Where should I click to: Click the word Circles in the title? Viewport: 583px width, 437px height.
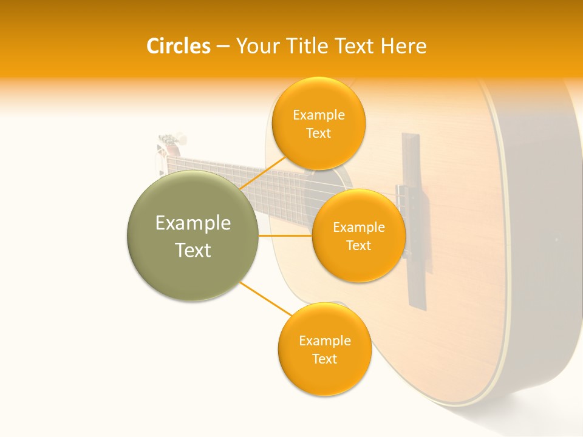coord(178,46)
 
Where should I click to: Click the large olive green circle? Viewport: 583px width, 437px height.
coord(193,235)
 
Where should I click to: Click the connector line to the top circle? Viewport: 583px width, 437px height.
coord(262,173)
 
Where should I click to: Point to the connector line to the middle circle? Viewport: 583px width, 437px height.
coord(285,235)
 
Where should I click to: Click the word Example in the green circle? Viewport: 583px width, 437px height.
coord(193,223)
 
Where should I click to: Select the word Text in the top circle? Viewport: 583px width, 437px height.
coord(318,133)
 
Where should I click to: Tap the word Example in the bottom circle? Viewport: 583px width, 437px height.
coord(324,340)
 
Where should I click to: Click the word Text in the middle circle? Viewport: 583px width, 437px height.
coord(358,245)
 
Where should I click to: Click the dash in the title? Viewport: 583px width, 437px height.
coord(223,46)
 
